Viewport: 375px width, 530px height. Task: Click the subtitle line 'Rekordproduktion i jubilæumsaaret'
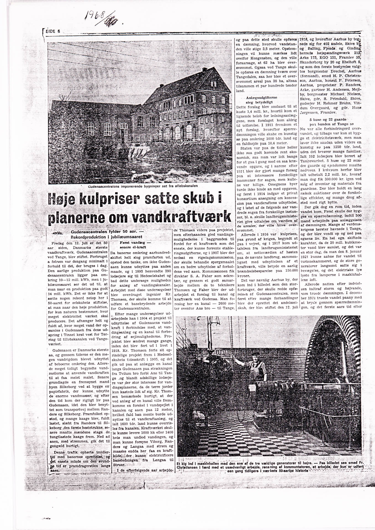click(107, 237)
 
